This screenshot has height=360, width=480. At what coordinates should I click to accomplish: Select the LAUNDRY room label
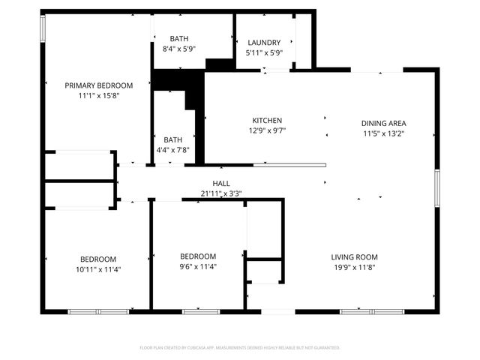tap(263, 43)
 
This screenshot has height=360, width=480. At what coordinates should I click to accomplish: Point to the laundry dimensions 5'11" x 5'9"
tap(263, 53)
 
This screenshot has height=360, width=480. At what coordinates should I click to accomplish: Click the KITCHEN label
tap(267, 120)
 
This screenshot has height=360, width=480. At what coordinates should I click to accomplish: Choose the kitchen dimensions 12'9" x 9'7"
tap(267, 130)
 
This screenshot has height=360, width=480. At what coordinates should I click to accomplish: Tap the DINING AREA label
tap(384, 123)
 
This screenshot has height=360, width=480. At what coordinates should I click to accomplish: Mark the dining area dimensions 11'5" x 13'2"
tap(384, 134)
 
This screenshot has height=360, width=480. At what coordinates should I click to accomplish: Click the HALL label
tap(220, 183)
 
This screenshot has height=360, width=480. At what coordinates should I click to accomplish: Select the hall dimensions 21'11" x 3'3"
tap(220, 193)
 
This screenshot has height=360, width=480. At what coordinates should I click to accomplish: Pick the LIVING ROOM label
tap(355, 256)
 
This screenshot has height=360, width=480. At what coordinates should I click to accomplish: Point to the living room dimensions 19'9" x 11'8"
tap(355, 267)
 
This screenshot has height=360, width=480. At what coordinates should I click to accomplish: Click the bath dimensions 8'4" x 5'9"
tap(179, 49)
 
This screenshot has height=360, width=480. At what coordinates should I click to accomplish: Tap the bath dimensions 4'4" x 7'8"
tap(173, 150)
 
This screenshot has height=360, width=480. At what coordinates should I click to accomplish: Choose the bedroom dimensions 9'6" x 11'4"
tap(199, 266)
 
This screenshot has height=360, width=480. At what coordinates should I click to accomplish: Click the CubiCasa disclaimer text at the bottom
tap(240, 347)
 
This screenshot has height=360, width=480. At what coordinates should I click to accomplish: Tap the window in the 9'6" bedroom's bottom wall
tap(201, 310)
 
